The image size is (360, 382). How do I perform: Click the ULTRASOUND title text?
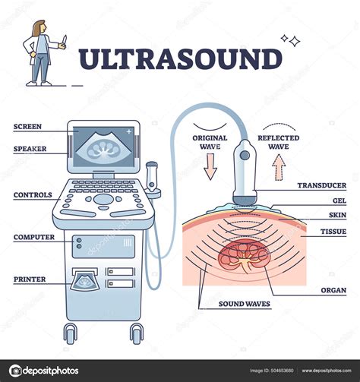[180, 60]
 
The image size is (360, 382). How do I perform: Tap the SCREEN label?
[27, 126]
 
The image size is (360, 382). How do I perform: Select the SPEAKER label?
[30, 149]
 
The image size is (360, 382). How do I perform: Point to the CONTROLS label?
[33, 194]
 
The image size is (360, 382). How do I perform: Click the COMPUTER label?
[33, 237]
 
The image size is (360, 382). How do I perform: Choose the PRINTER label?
[30, 279]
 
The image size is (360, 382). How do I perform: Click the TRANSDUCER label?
[321, 185]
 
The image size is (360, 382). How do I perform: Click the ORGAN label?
[333, 289]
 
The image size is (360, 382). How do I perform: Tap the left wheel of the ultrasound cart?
[70, 333]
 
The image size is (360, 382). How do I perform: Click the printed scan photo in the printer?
[84, 282]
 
